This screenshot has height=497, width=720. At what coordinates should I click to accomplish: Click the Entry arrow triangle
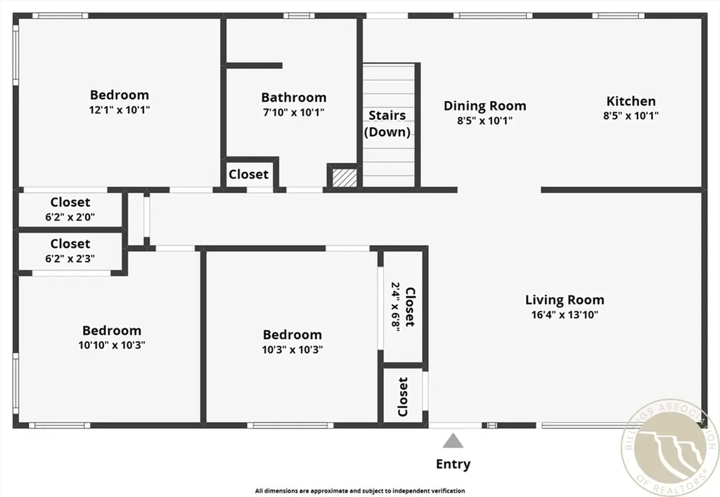(x=454, y=441)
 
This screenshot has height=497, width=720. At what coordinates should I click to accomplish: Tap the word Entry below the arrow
(x=454, y=464)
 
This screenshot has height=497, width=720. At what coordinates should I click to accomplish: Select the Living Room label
(x=564, y=300)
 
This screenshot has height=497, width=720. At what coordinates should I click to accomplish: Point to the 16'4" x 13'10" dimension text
(x=564, y=314)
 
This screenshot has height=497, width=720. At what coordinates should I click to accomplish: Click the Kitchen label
(x=631, y=101)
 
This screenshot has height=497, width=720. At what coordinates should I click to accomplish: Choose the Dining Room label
(x=484, y=106)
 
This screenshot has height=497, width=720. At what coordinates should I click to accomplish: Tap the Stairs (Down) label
(x=387, y=123)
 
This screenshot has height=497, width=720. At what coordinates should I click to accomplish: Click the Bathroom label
(x=293, y=98)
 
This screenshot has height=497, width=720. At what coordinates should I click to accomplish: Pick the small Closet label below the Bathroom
(x=248, y=174)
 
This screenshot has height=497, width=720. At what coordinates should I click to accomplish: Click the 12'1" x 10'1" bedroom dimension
(x=119, y=110)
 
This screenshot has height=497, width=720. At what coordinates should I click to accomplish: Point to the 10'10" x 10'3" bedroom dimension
(x=111, y=345)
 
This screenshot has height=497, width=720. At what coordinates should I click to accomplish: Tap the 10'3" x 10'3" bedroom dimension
(x=292, y=349)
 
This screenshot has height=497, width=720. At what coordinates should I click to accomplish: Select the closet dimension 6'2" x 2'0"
(x=70, y=217)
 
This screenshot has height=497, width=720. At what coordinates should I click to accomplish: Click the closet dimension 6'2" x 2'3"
(x=70, y=258)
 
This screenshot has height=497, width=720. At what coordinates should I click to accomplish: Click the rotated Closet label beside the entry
(x=403, y=397)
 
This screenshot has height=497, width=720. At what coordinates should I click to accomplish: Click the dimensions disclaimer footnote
(x=359, y=491)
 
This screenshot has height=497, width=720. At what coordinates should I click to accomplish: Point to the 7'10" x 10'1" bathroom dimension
(x=293, y=112)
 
